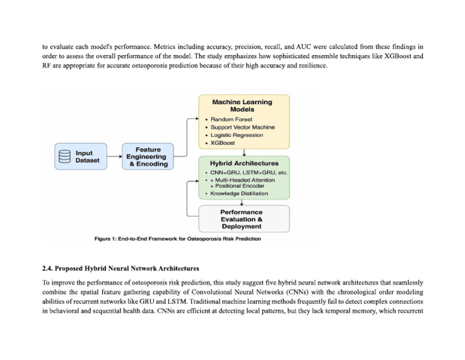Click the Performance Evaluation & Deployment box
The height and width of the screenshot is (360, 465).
point(244,219)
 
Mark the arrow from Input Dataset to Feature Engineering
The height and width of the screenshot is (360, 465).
point(114,156)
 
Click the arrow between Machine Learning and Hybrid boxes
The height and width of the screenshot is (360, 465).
point(244,153)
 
